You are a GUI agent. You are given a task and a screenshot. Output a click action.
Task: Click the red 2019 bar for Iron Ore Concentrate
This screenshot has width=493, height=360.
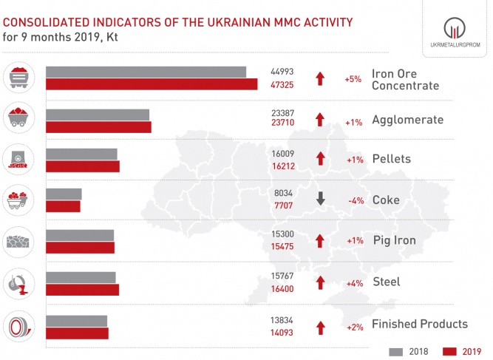[152, 84]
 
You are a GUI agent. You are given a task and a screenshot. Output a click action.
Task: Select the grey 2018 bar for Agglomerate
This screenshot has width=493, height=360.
[98, 115]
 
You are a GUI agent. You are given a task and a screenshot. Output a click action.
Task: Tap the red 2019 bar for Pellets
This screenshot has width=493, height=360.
[82, 166]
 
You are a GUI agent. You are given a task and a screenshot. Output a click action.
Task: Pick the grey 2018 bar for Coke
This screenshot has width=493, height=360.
[64, 194]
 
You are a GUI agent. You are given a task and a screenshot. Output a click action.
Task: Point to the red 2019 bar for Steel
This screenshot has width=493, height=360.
[82, 290]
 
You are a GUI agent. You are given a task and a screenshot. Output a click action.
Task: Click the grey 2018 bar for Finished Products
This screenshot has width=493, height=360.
[76, 321]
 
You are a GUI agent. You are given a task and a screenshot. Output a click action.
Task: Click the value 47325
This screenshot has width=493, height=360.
[283, 85]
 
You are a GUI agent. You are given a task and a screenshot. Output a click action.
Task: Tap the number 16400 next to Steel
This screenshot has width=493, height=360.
[283, 290]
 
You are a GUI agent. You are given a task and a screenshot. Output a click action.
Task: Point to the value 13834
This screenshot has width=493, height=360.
[283, 318]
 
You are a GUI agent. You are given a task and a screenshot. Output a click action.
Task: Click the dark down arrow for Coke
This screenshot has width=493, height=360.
[320, 198]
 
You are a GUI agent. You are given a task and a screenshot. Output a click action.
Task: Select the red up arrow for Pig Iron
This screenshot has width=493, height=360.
[320, 240]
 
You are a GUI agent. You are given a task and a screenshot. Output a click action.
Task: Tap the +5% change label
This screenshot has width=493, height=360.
[353, 78]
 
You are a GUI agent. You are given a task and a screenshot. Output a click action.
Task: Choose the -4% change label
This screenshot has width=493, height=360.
[353, 199]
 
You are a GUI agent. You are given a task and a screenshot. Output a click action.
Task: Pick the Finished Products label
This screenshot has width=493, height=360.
[419, 324]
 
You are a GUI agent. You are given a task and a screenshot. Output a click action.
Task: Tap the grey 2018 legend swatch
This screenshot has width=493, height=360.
[395, 351]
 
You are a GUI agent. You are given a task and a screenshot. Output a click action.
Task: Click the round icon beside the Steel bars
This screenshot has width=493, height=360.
[18, 284]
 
